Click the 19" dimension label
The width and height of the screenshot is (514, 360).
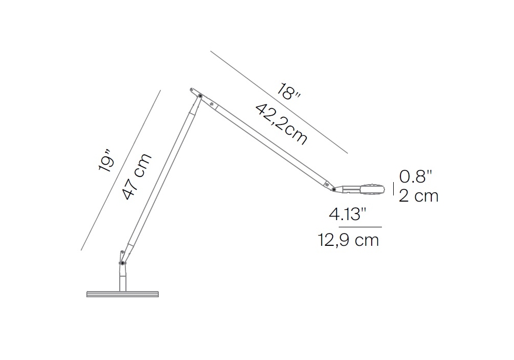[106, 160]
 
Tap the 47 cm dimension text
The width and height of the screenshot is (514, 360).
[137, 176]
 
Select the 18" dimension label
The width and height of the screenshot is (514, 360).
[288, 92]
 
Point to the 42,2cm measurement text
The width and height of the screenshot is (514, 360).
[281, 123]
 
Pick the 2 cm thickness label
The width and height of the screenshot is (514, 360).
[418, 196]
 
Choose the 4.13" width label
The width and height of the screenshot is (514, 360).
[347, 215]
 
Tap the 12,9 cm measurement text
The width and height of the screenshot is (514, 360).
[348, 240]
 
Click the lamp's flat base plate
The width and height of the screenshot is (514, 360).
[123, 294]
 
